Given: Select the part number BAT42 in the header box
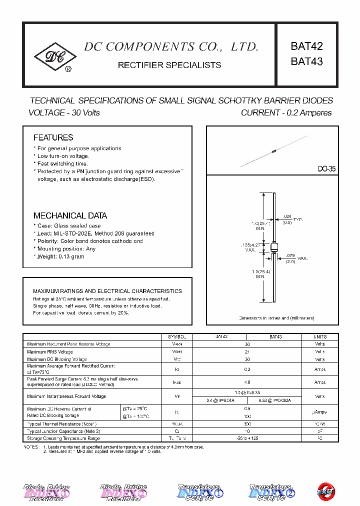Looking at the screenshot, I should (x=306, y=46).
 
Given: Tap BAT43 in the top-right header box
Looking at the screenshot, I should (x=306, y=62).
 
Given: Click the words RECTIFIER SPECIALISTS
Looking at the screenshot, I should (x=169, y=65).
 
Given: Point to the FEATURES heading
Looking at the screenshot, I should (x=53, y=137).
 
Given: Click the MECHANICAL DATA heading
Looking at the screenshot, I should (x=70, y=215).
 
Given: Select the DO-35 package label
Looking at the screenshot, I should (x=326, y=169).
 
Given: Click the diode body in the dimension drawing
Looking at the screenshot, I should (x=273, y=248).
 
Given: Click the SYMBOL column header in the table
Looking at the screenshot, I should (x=177, y=337).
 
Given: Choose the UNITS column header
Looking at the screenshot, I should (x=320, y=337).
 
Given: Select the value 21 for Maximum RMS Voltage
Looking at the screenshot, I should (x=247, y=352).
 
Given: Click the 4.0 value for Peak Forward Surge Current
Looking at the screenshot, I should (x=247, y=382).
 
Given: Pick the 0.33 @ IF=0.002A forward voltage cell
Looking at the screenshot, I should (x=273, y=400).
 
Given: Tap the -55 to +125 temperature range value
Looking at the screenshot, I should (x=247, y=438).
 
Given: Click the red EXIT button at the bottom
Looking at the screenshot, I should (x=327, y=491).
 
